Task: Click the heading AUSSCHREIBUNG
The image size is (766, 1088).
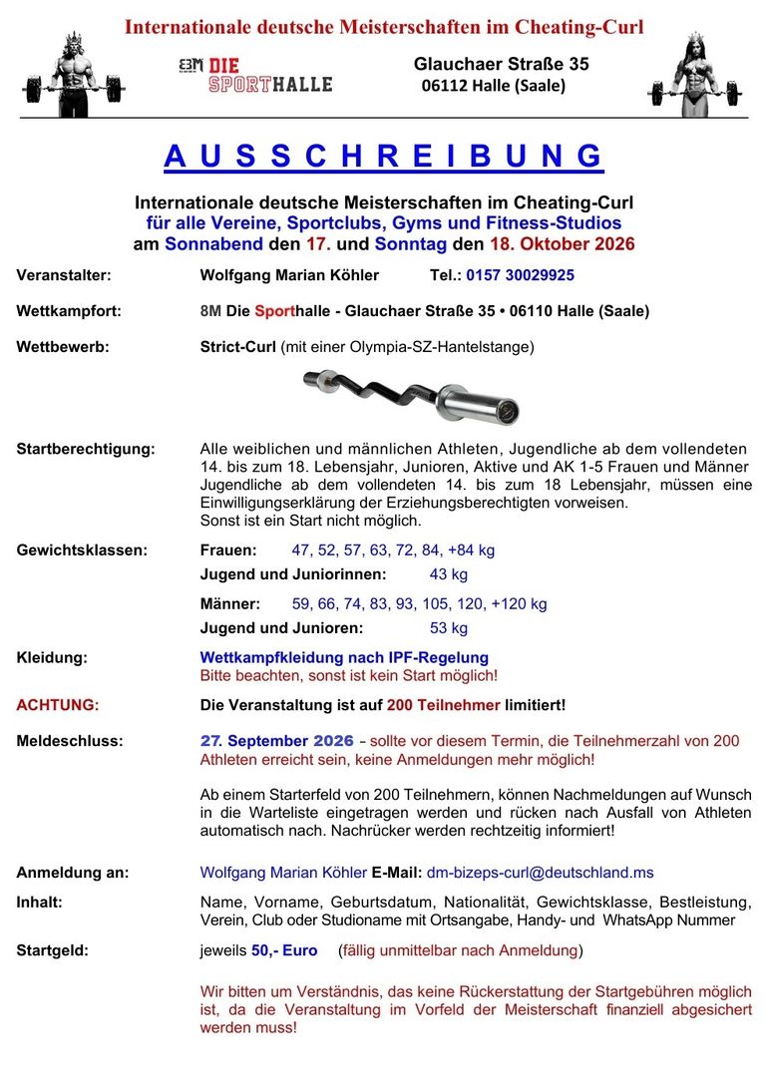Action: [383, 157]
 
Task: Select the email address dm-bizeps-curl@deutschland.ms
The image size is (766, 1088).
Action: [540, 873]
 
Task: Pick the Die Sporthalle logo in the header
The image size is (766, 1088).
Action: [255, 76]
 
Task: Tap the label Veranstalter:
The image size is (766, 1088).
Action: [64, 275]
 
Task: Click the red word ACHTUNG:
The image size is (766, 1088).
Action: [58, 705]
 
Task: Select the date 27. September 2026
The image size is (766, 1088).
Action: [276, 741]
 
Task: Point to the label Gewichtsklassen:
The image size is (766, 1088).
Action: [82, 549]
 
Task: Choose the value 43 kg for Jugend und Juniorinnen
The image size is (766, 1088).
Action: [448, 574]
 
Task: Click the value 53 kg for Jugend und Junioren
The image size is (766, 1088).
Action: [448, 628]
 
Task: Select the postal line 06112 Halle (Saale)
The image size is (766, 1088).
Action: [493, 86]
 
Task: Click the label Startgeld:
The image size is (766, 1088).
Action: [52, 950]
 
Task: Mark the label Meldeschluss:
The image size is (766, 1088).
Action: [70, 741]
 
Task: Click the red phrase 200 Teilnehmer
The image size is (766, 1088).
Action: [444, 705]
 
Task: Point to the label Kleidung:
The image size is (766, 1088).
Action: [51, 657]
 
